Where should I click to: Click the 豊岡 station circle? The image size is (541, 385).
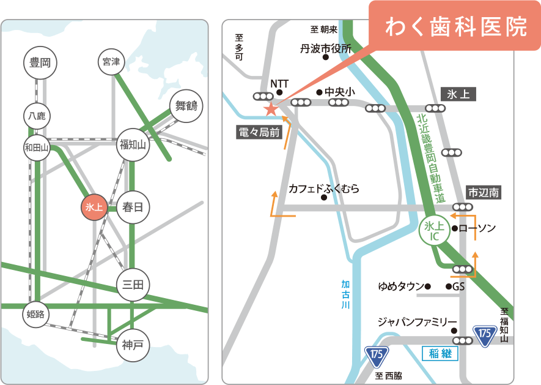(x=40, y=62)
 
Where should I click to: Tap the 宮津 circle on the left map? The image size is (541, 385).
(x=111, y=62)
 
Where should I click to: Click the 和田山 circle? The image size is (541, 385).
(x=37, y=147)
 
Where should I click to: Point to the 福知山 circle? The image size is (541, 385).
(x=133, y=146)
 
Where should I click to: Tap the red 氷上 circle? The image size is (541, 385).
(x=95, y=207)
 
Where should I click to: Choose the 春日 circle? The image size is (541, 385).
(x=133, y=207)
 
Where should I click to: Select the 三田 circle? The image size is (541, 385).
(x=133, y=284)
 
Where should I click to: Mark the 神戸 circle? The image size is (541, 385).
(x=133, y=345)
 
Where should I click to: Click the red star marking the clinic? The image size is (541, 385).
(x=270, y=110)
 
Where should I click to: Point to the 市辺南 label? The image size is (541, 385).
(x=484, y=192)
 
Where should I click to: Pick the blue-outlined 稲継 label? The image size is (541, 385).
(x=440, y=353)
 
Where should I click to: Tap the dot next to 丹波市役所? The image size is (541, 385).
(x=326, y=58)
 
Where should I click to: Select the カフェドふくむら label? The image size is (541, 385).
(x=323, y=189)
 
